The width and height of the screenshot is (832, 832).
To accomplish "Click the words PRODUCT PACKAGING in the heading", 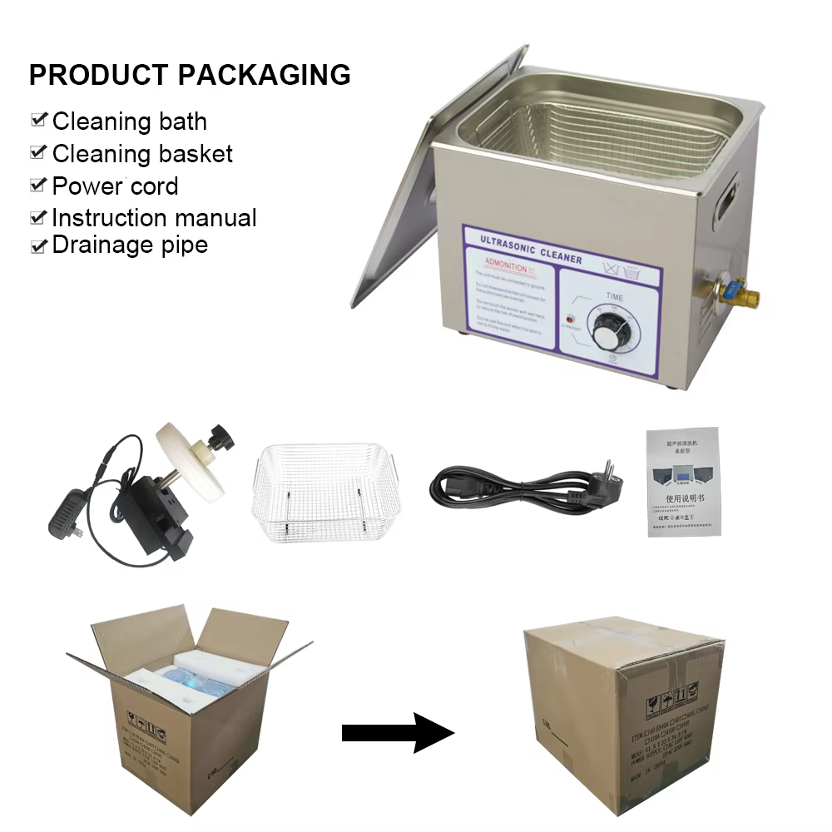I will pos(190,75).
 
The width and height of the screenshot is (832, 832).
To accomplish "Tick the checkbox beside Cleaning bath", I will pos(38,120).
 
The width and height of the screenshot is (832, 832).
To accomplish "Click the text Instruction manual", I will pos(154,218).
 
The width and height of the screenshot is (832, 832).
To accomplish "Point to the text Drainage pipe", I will pos(130,245).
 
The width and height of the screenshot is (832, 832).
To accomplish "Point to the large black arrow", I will pos(398,732).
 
